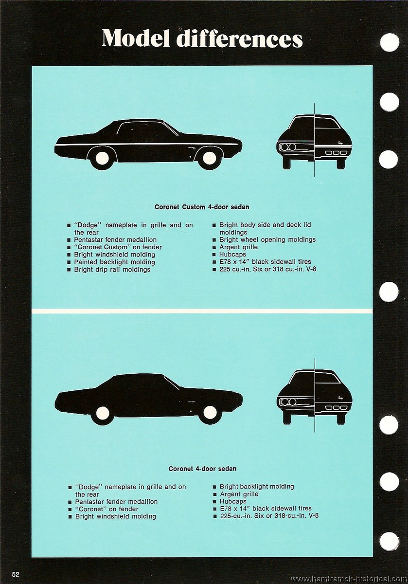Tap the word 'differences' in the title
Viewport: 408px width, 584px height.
click(239, 38)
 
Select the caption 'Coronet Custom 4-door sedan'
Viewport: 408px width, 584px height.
click(202, 207)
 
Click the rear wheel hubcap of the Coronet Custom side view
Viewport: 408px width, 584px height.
click(102, 158)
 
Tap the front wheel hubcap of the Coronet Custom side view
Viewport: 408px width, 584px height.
click(210, 158)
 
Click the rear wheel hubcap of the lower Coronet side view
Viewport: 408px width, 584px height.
click(103, 413)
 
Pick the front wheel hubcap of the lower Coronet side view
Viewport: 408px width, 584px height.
click(210, 412)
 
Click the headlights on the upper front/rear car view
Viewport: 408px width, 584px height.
click(288, 147)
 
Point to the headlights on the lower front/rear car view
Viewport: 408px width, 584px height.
click(288, 402)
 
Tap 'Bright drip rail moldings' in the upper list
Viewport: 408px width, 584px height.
click(112, 269)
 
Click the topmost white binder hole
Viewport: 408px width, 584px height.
click(390, 42)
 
